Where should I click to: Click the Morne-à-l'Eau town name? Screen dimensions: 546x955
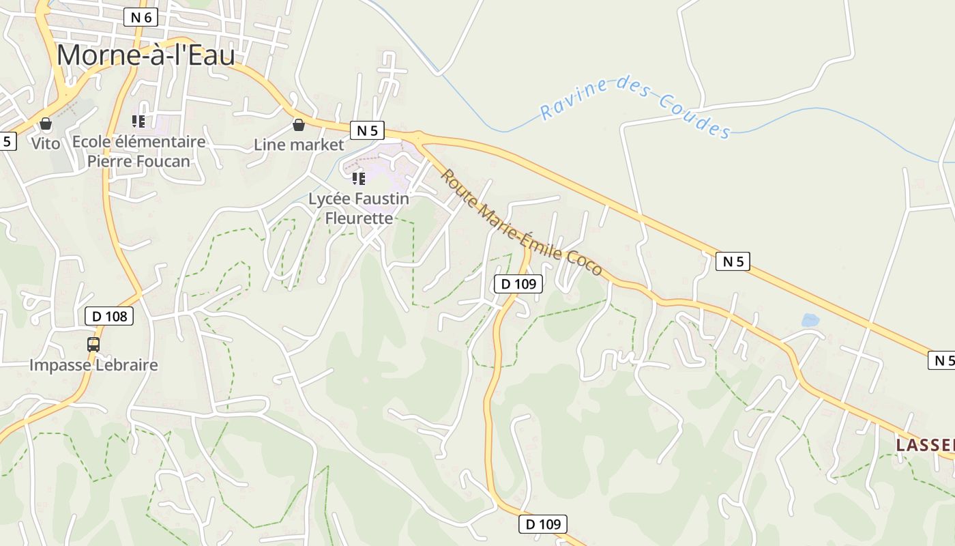coord(145,55)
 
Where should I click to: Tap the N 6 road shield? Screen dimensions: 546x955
coord(141,18)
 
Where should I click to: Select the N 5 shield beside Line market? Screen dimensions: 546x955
coord(367,130)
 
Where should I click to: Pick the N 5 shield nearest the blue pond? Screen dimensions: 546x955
coord(733,261)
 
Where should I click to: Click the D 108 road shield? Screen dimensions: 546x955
coord(109,316)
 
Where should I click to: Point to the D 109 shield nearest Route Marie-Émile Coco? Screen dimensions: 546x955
coord(518,284)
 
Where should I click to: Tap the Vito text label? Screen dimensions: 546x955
coord(46,143)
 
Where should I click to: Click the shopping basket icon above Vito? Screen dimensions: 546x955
coord(46,124)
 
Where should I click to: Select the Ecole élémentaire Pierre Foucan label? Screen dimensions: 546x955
coord(138,151)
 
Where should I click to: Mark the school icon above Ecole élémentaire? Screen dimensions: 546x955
coord(138,121)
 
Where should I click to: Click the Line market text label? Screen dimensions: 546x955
coord(299,145)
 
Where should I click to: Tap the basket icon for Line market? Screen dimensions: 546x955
coord(298,125)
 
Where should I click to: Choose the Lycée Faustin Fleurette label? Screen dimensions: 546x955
coord(359,208)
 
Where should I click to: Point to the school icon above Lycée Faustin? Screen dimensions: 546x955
coord(359,179)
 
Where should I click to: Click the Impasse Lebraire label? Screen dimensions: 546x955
coord(93,364)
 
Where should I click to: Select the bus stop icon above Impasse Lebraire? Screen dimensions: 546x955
coord(93,345)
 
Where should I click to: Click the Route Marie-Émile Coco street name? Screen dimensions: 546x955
coord(521,223)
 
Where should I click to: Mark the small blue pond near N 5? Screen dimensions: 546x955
coord(810,319)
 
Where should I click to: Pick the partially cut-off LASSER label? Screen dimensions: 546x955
coord(925,446)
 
